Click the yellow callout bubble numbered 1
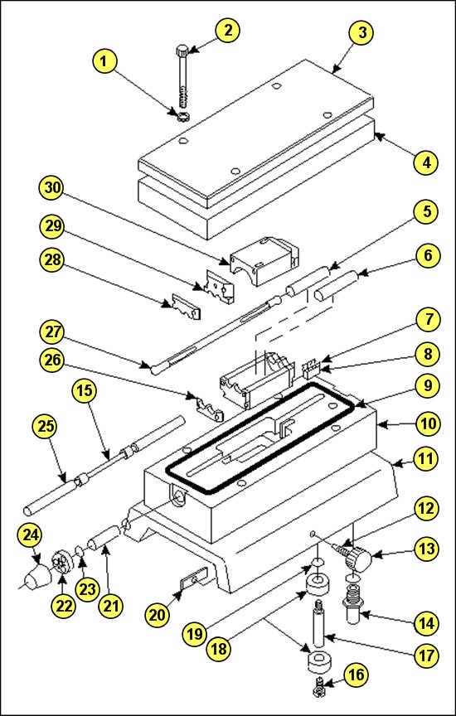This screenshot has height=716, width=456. [105, 61]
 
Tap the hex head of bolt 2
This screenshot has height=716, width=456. [182, 50]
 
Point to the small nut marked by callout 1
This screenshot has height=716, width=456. [182, 117]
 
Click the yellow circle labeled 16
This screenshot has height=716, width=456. [357, 674]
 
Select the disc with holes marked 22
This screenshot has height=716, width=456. [63, 564]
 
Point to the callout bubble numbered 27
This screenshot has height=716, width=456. [52, 333]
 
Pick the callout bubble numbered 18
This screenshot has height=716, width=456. [219, 648]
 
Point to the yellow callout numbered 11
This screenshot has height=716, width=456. [427, 458]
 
